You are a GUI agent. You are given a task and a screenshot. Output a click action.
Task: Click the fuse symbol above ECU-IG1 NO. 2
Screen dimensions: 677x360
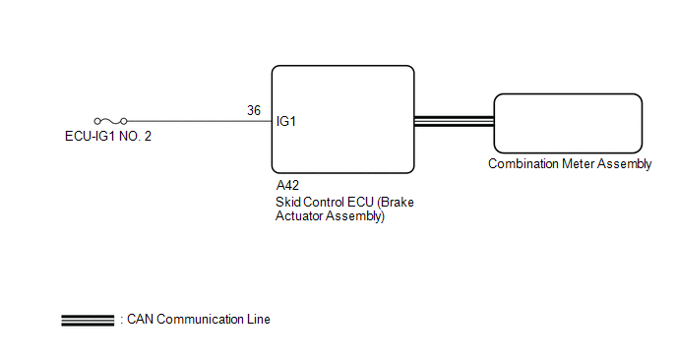click(x=110, y=121)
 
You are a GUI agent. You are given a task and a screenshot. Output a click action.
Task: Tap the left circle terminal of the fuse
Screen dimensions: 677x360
click(x=97, y=121)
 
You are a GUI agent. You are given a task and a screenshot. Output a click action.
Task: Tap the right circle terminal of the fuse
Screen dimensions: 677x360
click(x=124, y=121)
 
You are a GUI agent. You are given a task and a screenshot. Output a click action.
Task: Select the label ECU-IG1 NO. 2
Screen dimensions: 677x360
click(x=108, y=137)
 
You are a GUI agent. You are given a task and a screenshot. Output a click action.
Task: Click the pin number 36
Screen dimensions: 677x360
click(x=254, y=110)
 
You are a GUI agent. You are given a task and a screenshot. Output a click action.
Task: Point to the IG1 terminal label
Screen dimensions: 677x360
click(x=285, y=121)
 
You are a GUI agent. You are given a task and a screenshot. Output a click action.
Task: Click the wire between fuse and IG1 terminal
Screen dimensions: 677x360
click(x=200, y=121)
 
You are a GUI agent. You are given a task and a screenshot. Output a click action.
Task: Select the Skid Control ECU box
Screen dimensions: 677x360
click(x=342, y=120)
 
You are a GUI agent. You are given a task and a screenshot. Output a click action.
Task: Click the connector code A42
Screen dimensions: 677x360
click(x=287, y=185)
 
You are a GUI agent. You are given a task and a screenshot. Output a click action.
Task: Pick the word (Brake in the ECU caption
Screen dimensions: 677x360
click(x=396, y=202)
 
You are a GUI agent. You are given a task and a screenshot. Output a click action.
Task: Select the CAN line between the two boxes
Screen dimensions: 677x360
click(x=455, y=121)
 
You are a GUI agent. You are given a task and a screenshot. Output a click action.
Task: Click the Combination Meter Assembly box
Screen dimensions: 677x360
click(x=568, y=124)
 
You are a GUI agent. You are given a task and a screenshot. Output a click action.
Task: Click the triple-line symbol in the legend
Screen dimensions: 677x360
click(x=88, y=321)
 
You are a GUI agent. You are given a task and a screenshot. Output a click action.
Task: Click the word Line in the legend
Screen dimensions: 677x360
click(x=259, y=320)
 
